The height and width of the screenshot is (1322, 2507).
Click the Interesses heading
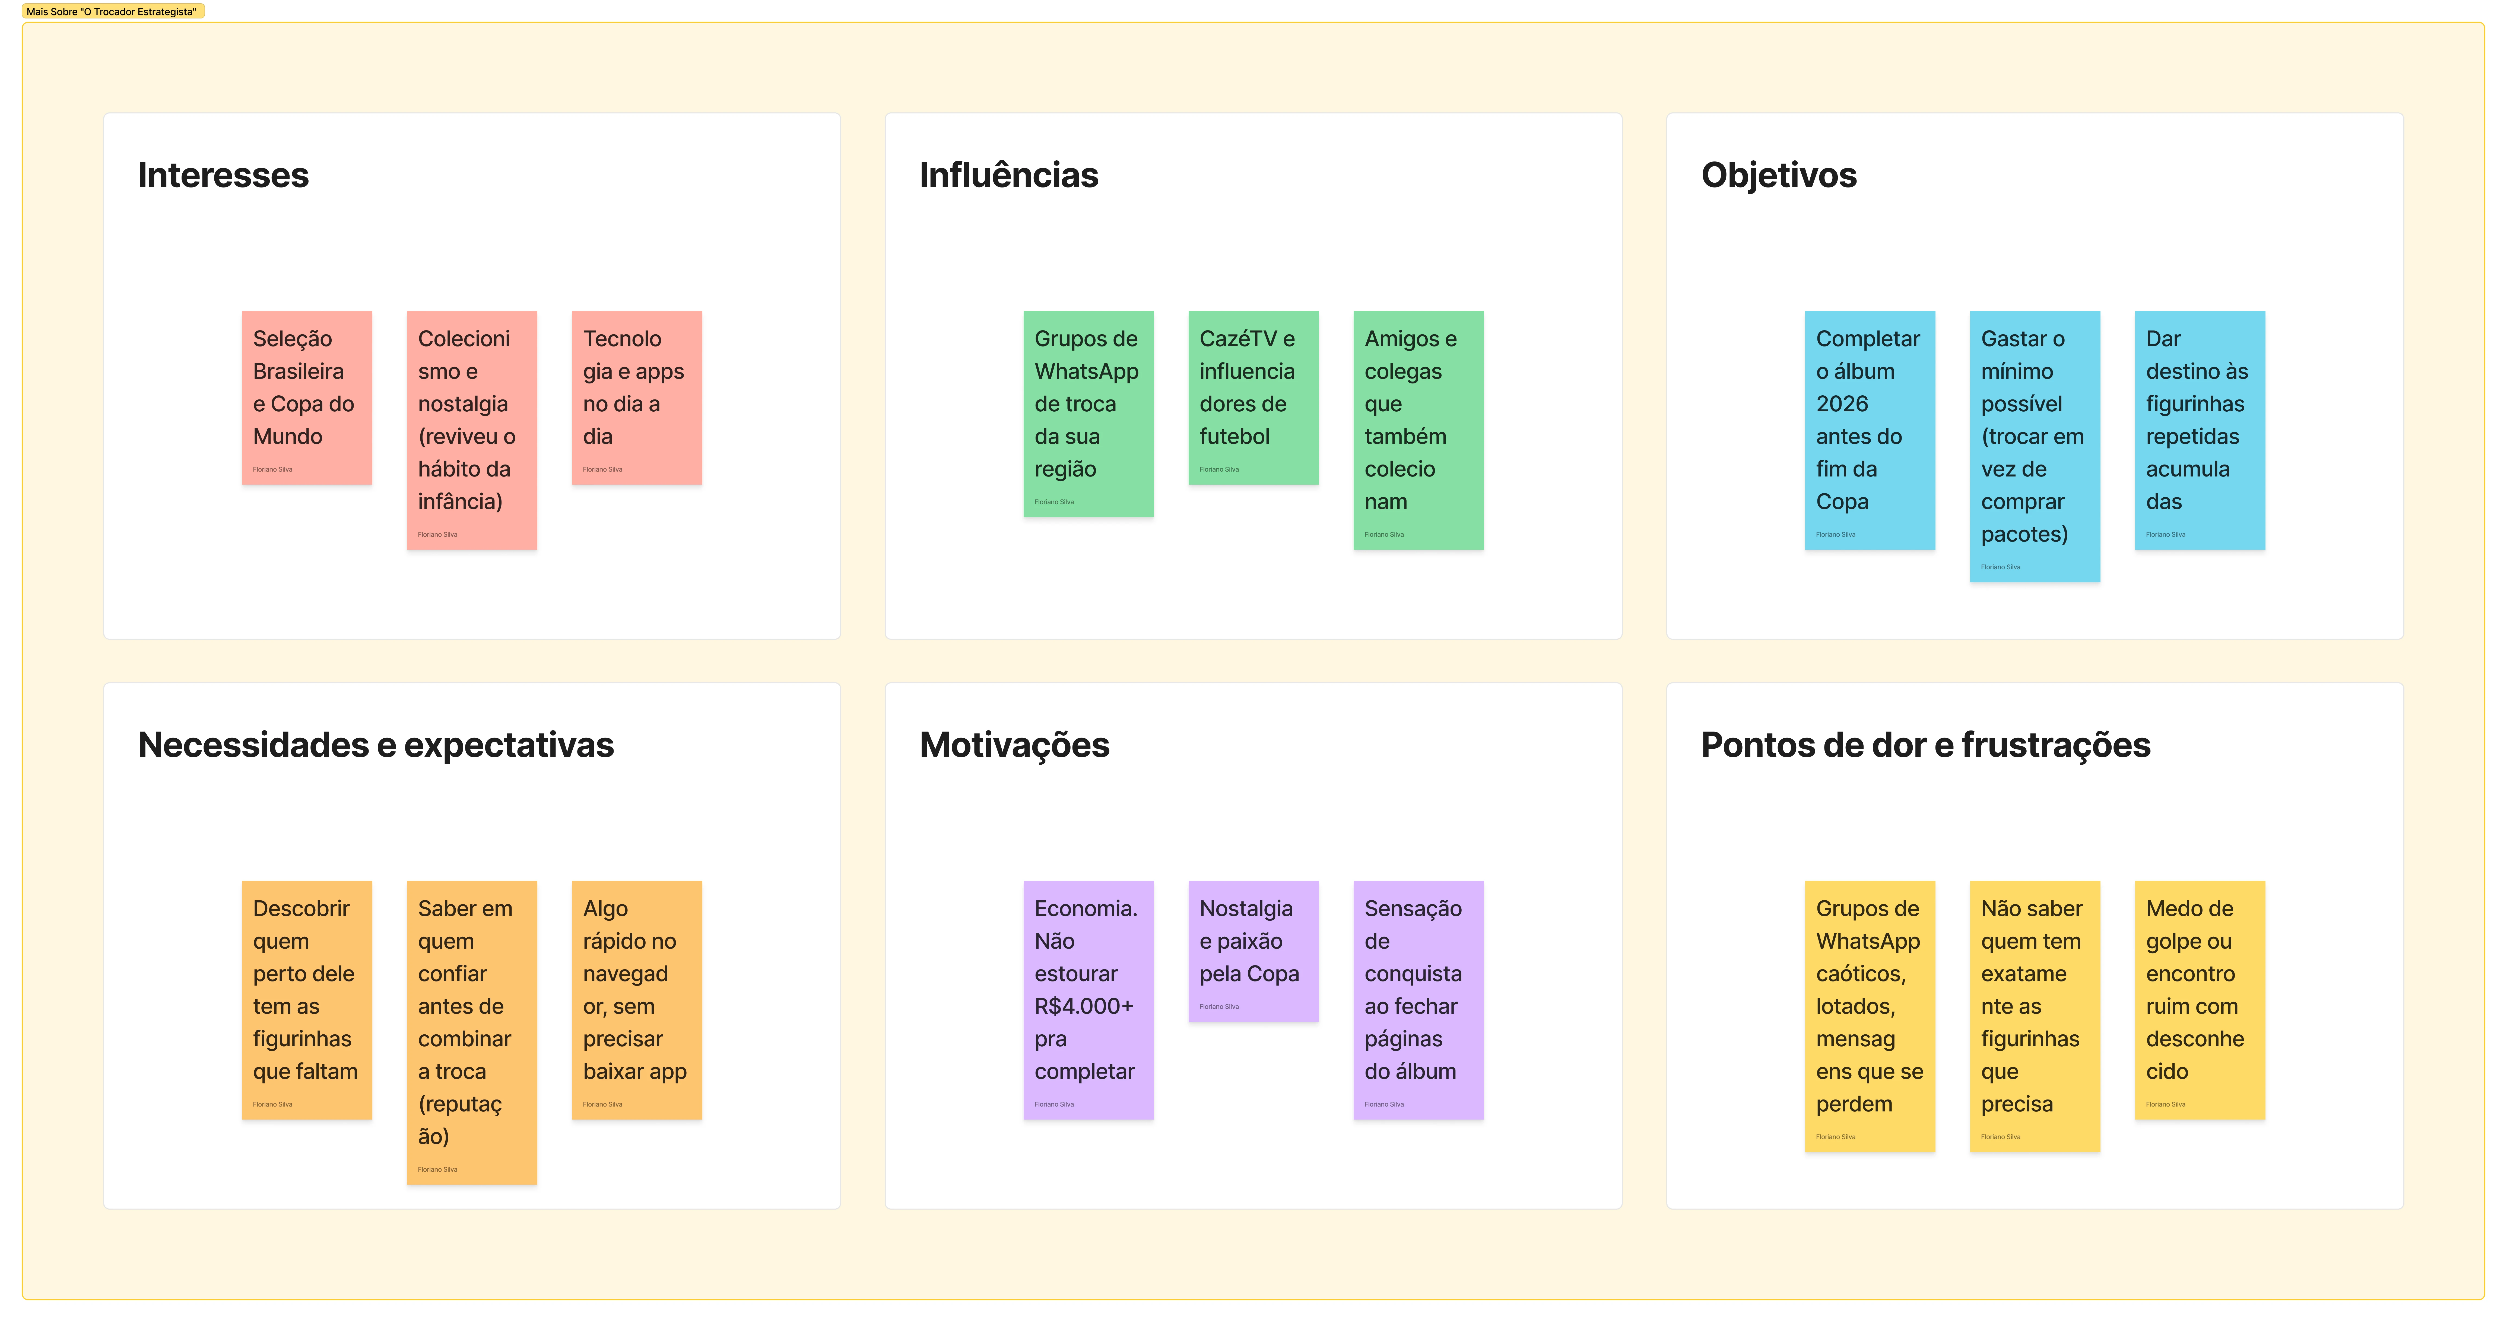[x=223, y=175]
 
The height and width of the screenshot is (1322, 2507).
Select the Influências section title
[x=1008, y=175]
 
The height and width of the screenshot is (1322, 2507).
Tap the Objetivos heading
[x=1778, y=175]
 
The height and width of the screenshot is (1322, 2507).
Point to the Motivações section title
[x=1014, y=745]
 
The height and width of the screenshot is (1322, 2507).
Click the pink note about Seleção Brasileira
[x=307, y=398]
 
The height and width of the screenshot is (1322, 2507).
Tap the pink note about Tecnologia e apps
[x=636, y=398]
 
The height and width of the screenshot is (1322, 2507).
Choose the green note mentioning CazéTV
[x=1253, y=398]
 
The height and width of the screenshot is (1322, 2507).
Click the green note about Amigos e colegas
[x=1418, y=430]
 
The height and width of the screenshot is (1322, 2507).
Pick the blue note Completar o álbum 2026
[x=1870, y=430]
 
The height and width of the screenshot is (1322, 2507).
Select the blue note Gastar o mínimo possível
[x=2035, y=447]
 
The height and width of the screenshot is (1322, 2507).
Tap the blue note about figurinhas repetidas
[x=2200, y=430]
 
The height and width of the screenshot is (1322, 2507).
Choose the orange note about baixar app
[x=636, y=1000]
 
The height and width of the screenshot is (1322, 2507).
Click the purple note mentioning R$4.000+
[x=1088, y=1000]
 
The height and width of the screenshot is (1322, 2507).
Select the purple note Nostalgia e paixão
[x=1253, y=951]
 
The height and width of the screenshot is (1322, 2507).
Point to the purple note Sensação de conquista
[x=1418, y=1000]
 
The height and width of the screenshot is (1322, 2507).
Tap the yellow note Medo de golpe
[x=2200, y=1000]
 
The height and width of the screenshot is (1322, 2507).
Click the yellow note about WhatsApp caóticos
[x=1870, y=1016]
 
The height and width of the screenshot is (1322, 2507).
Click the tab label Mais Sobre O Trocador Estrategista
[x=112, y=12]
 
